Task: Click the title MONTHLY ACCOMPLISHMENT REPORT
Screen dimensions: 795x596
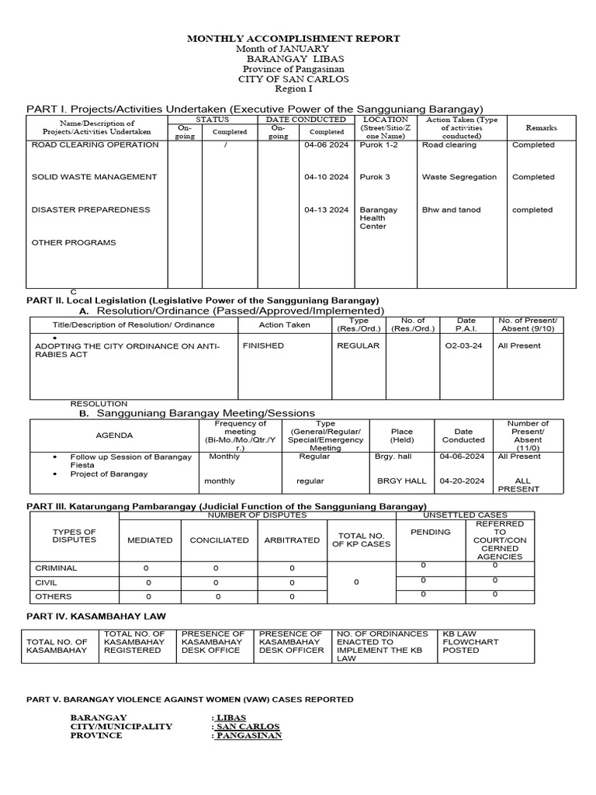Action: pos(293,38)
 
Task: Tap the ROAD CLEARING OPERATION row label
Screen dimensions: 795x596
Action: pos(95,145)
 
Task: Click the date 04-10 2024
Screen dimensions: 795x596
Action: pos(326,177)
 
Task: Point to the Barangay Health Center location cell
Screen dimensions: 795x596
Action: pos(379,218)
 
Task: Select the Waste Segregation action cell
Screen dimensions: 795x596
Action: pos(459,177)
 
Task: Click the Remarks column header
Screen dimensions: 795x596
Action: pos(540,127)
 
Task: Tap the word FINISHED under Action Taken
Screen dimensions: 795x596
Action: pos(263,345)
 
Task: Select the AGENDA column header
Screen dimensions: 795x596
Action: pos(114,436)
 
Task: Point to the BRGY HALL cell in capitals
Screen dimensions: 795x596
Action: pos(401,481)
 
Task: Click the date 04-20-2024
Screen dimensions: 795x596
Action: pos(463,481)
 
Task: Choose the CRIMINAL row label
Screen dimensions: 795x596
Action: pos(54,568)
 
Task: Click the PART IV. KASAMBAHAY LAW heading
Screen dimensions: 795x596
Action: pos(96,616)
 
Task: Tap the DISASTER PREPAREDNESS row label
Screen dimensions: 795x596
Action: pos(91,210)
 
